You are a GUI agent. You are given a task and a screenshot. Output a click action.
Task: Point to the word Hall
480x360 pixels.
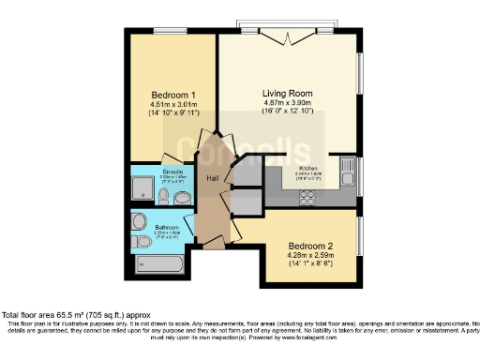[213, 178]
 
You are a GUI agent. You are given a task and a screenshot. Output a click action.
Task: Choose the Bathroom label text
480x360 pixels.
[167, 226]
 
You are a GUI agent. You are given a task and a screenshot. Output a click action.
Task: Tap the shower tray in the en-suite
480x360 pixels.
[142, 190]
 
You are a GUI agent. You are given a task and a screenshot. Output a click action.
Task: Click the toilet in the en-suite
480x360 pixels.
[163, 197]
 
